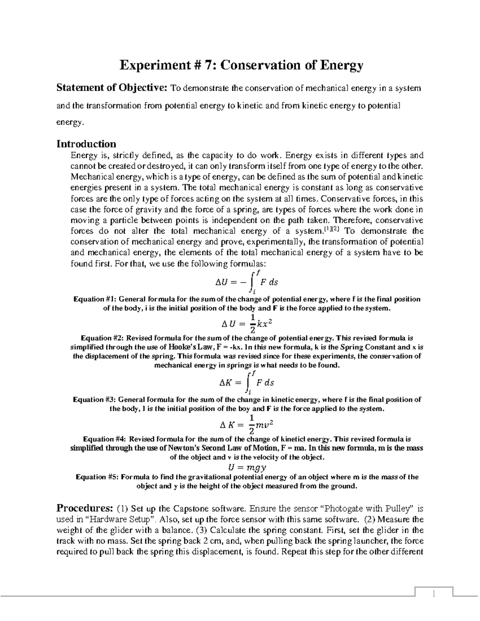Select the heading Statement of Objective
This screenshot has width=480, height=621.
(x=113, y=88)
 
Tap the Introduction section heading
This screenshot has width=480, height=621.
(x=86, y=144)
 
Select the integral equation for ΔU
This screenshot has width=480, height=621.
(x=246, y=282)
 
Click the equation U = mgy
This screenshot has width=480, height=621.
(x=247, y=467)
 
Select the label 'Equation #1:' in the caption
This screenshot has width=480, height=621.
(x=94, y=299)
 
